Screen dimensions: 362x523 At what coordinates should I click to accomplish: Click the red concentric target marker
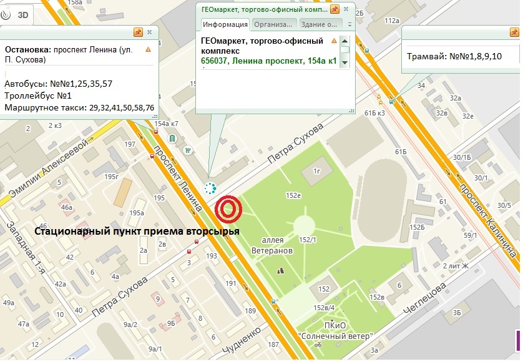[228, 210]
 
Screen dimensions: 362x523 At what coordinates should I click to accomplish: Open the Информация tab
[224, 24]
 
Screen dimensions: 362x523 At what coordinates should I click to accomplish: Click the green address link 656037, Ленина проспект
[269, 61]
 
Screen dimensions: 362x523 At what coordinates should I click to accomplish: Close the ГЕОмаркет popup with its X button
[348, 9]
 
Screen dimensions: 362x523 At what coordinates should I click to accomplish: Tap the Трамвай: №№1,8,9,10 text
[454, 56]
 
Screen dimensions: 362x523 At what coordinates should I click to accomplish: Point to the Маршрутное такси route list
[79, 108]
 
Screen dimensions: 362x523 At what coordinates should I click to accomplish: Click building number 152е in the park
[293, 195]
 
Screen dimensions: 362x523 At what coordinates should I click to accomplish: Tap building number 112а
[391, 21]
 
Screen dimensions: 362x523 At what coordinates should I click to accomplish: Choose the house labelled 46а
[67, 207]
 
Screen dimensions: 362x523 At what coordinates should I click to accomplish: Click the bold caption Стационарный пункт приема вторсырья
[136, 232]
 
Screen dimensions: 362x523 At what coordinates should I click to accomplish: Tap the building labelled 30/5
[504, 205]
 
